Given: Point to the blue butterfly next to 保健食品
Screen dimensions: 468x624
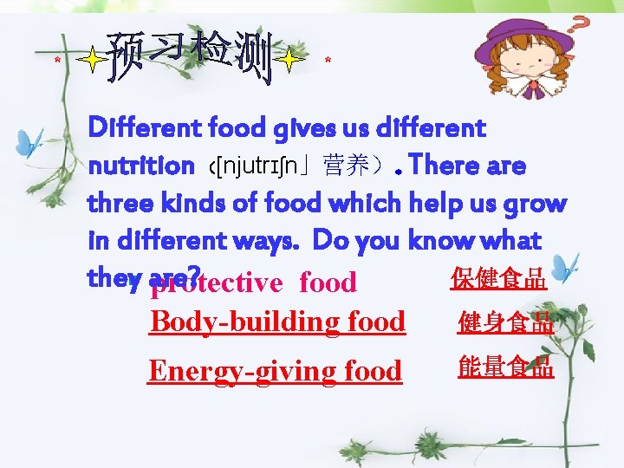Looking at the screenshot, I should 565,267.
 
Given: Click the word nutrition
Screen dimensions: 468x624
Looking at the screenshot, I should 141,166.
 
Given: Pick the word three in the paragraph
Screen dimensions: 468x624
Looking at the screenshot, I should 120,204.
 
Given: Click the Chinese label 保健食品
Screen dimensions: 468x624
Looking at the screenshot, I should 498,279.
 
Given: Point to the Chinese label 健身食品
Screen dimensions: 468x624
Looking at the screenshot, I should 505,323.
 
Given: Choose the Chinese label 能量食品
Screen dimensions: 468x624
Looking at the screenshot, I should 505,367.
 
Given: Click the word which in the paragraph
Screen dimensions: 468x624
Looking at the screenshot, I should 342,204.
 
